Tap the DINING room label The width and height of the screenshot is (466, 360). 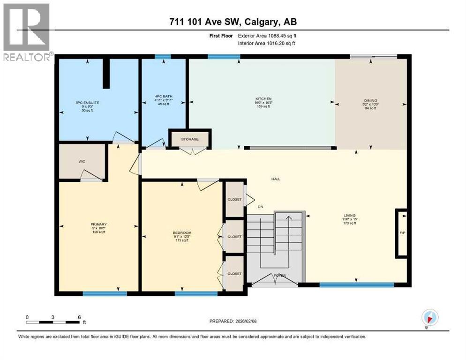pyautogui.click(x=370, y=100)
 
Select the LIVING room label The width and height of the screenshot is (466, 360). pyautogui.click(x=350, y=217)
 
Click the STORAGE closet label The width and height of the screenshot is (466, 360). pyautogui.click(x=190, y=139)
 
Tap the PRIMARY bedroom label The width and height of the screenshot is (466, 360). pyautogui.click(x=98, y=225)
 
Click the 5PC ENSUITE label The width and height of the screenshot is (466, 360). pyautogui.click(x=87, y=102)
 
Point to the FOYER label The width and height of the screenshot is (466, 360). pyautogui.click(x=280, y=275)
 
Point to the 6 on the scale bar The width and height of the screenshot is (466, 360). pyautogui.click(x=78, y=317)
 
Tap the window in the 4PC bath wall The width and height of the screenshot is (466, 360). pyautogui.click(x=163, y=57)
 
